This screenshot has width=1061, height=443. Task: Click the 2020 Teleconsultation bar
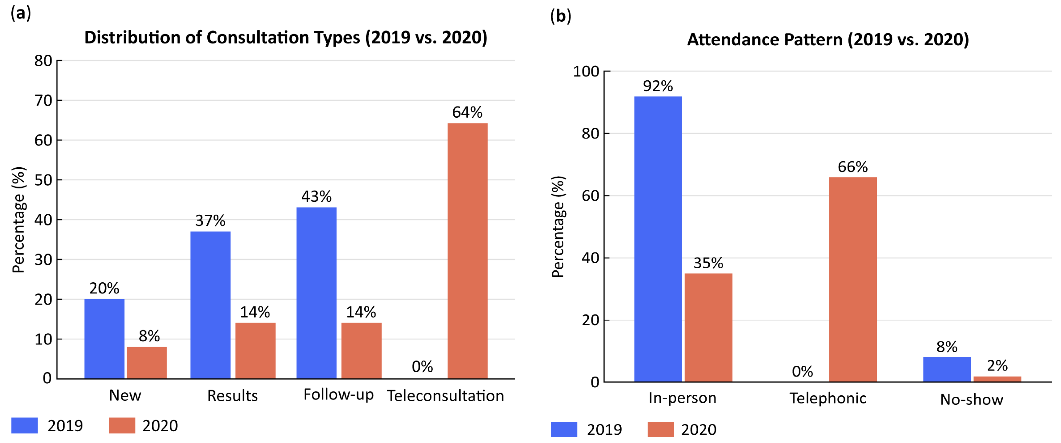click(467, 251)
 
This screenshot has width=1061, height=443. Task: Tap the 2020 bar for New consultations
click(147, 363)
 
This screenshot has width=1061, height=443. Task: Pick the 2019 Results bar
click(211, 305)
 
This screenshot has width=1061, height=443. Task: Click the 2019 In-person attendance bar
click(658, 239)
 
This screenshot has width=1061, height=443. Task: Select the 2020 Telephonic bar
click(853, 279)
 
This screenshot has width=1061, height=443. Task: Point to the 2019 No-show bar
click(947, 370)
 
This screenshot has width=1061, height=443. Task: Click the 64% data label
click(467, 112)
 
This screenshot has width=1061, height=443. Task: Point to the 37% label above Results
click(211, 220)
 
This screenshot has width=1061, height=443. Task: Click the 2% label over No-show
click(997, 365)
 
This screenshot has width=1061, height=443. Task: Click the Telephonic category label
click(828, 398)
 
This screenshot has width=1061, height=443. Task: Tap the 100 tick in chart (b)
click(586, 71)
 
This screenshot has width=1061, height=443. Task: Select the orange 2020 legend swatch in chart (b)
click(661, 429)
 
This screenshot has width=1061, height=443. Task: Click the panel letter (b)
click(561, 16)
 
